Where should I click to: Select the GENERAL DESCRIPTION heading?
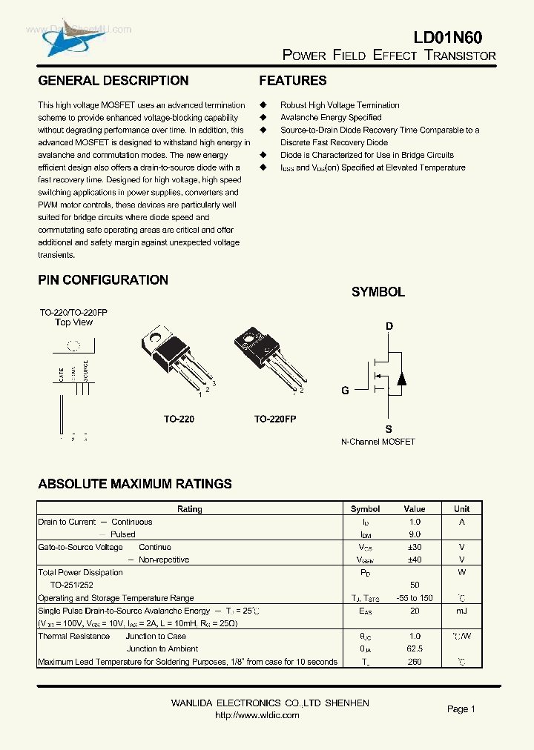113,81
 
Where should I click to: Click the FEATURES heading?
293,81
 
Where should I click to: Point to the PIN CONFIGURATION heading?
103,280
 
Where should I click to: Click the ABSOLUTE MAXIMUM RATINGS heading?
135,484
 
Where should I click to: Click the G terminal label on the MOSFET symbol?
345,391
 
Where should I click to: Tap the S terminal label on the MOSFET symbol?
389,429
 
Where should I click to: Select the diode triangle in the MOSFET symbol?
401,379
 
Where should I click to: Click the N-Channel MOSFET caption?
378,442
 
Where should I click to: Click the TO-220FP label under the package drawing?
275,419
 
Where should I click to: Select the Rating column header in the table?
190,509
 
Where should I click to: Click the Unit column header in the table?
461,509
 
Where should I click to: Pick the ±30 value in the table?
414,547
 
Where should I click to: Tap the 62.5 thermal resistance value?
414,648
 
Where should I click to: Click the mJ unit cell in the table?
461,611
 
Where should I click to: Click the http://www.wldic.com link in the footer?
257,715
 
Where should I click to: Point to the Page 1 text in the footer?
461,709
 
